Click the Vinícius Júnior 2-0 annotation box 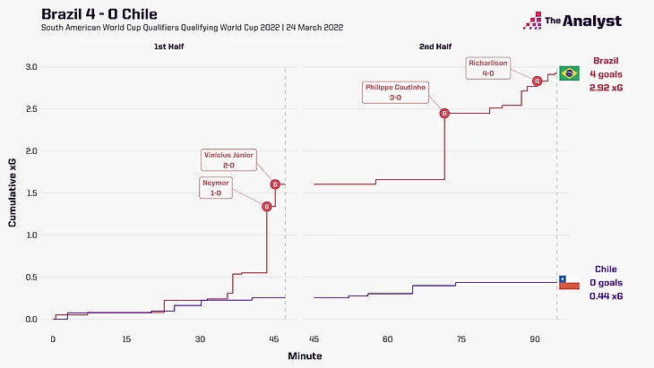pos(228,159)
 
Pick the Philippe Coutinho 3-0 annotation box pos(395,92)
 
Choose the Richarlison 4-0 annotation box pos(488,68)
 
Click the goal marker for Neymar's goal pos(266,207)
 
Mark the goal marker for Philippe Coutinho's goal pos(444,114)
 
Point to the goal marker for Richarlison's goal pos(537,81)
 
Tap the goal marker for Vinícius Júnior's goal pos(275,184)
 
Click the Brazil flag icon pos(569,73)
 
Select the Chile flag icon pos(568,283)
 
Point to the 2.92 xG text pos(607,90)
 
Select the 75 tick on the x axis pos(461,338)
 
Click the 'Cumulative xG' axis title pos(13,193)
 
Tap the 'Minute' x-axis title pos(305,355)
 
